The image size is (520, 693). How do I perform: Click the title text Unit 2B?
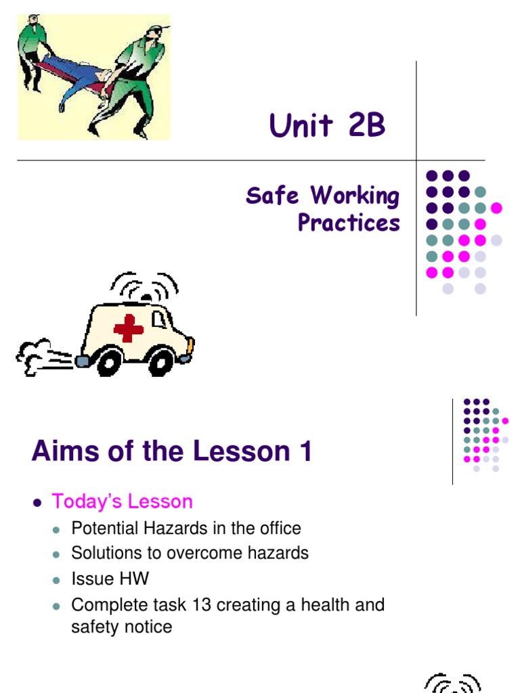(327, 126)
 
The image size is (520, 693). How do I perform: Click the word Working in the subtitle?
(355, 196)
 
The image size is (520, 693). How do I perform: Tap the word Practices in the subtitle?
(349, 223)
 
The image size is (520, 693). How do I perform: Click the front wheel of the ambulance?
(161, 363)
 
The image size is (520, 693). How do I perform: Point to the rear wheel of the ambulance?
(108, 363)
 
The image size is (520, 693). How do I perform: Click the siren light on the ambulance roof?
(145, 296)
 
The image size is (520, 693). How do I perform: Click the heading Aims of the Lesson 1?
(171, 451)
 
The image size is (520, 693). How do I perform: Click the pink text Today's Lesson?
(122, 501)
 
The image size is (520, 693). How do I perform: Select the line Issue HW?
(110, 579)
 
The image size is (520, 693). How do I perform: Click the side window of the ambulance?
(158, 319)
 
